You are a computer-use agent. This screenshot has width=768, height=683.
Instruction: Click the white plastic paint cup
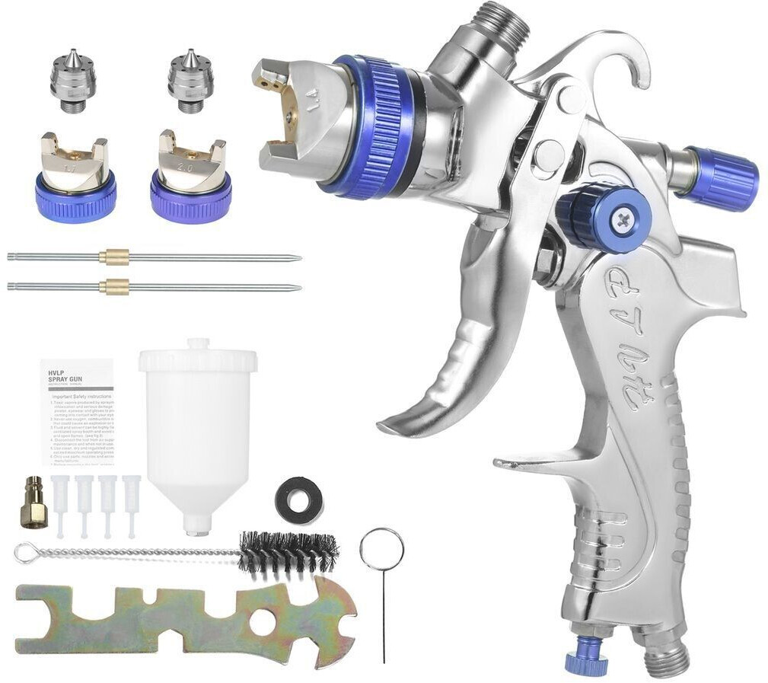[x=198, y=426]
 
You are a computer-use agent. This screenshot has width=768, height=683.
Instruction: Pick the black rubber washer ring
[x=298, y=499]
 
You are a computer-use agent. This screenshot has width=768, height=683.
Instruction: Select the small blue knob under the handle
[x=586, y=657]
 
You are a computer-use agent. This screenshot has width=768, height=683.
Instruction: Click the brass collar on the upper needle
[x=114, y=257]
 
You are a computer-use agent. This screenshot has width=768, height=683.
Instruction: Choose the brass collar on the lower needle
[x=114, y=287]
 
